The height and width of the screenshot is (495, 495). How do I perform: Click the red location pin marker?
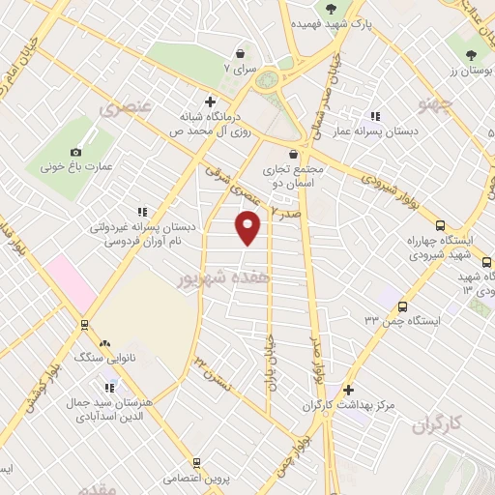pyautogui.click(x=249, y=227)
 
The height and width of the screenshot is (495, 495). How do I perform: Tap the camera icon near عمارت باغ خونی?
pyautogui.click(x=76, y=152)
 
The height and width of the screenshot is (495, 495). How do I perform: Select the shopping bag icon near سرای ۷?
pyautogui.click(x=239, y=54)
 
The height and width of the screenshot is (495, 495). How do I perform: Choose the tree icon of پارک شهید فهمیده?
pyautogui.click(x=332, y=9)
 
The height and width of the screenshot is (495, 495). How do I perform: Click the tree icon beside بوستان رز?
pyautogui.click(x=471, y=54)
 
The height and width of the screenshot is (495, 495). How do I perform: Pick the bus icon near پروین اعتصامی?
pyautogui.click(x=196, y=464)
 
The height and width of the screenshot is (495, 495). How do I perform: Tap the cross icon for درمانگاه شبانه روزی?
pyautogui.click(x=210, y=101)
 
